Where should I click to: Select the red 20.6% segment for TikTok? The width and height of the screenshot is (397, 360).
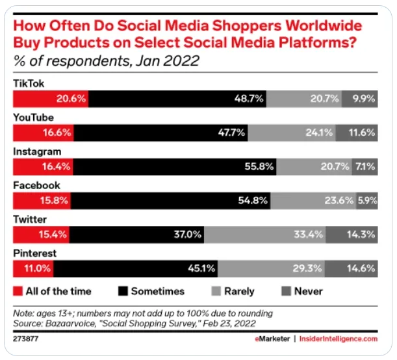coord(51,98)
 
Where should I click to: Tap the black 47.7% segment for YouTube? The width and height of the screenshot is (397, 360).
coord(160,133)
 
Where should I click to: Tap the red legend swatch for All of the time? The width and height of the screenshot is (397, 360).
coord(18,291)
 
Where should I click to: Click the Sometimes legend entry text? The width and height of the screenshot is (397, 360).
coord(158,291)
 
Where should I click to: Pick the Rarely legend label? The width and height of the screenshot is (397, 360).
coord(240,291)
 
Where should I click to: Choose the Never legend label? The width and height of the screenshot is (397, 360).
coord(309,291)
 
